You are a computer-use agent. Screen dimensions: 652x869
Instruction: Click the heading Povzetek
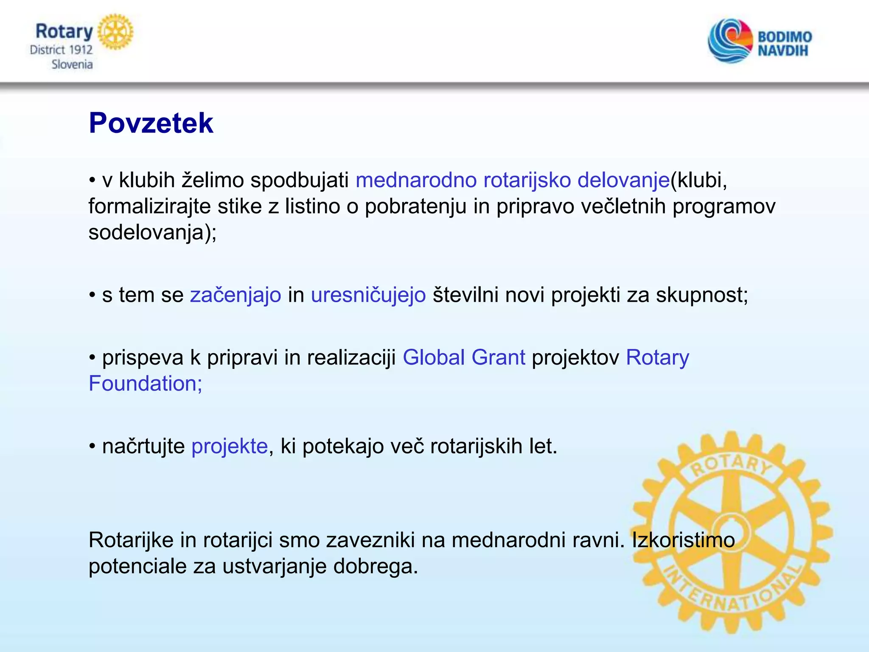[151, 123]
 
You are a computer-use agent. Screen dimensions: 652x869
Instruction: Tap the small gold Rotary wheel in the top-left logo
[115, 32]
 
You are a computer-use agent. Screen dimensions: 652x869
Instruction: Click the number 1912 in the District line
[81, 50]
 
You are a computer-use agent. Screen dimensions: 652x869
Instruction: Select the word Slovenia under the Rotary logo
[72, 65]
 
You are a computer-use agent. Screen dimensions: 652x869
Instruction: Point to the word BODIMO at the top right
[785, 37]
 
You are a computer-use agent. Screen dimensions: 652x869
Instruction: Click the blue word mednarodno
[416, 180]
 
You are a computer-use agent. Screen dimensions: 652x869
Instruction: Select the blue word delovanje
[623, 180]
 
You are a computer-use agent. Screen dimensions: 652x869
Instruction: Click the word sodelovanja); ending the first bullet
[152, 233]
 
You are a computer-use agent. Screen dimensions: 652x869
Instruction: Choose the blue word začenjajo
[235, 295]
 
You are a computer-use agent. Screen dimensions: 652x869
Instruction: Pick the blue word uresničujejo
[368, 295]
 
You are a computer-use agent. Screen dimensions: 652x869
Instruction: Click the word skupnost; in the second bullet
[702, 295]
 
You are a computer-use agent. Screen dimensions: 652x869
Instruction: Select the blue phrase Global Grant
[464, 357]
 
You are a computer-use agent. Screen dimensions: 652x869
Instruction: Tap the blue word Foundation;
[145, 383]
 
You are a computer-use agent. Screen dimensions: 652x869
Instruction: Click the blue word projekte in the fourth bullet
[230, 446]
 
